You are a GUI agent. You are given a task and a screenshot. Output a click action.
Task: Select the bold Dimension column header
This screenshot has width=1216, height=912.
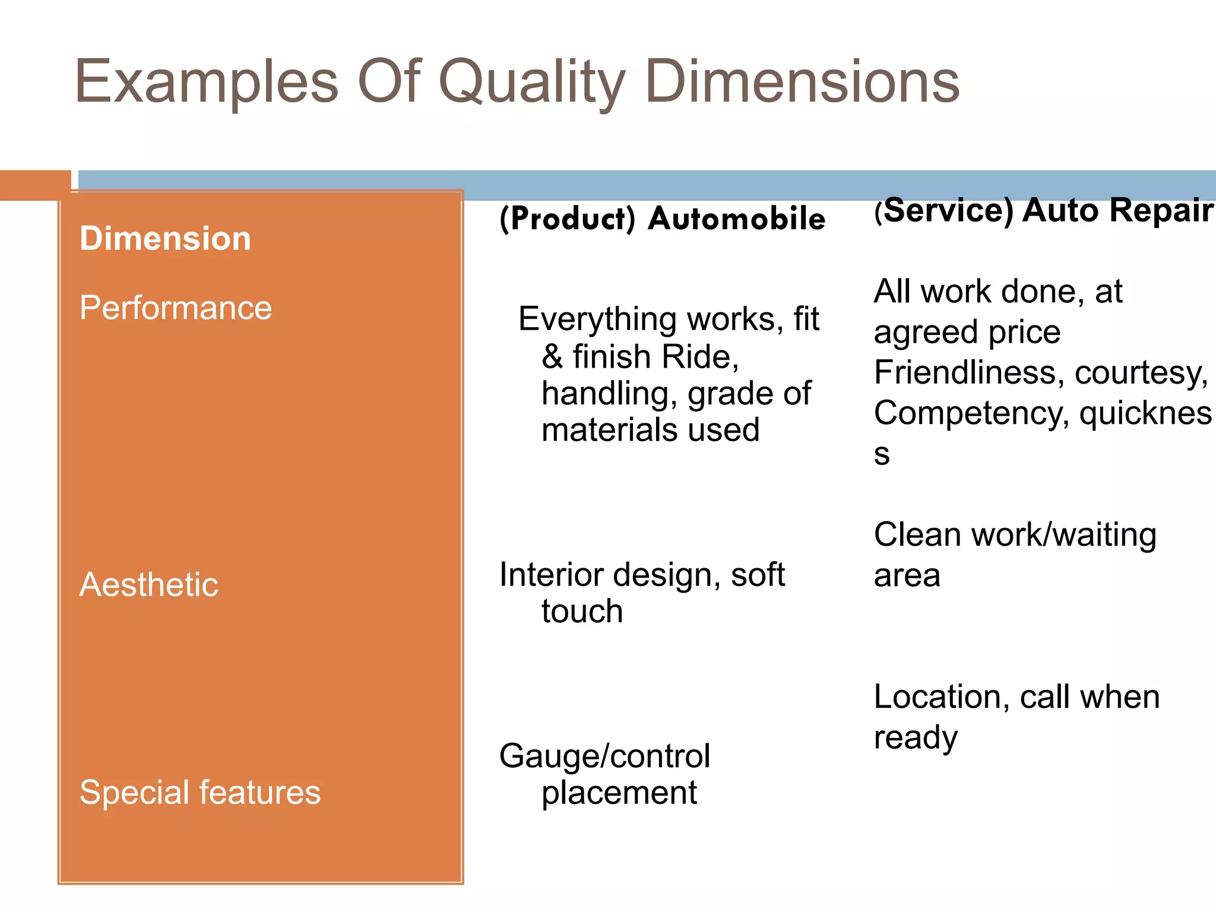165,239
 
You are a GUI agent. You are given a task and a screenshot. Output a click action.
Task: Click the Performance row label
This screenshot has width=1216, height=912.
176,308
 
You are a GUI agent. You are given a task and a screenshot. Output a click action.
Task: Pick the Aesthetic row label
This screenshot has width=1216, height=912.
148,585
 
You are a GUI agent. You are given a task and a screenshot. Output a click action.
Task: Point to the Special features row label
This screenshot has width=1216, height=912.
200,793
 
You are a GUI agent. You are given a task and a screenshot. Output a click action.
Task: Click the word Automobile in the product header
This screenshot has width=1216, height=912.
736,218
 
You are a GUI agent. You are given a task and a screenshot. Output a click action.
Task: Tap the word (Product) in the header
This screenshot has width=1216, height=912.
567,218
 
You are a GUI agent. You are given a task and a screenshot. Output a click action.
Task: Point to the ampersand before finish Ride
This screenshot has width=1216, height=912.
552,357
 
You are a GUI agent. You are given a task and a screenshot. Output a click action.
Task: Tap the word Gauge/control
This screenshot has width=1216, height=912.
604,756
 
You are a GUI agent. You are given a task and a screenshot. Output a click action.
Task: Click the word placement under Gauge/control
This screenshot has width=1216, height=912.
619,793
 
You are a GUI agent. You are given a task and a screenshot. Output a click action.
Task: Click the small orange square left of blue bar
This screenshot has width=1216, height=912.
35,185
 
